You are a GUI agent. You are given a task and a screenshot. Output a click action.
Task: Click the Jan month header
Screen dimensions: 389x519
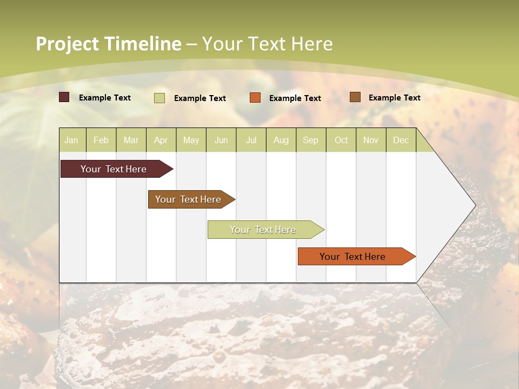[71, 140]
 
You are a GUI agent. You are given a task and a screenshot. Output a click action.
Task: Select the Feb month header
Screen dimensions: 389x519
[101, 140]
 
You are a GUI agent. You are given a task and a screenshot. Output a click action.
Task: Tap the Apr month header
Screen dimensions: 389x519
[161, 140]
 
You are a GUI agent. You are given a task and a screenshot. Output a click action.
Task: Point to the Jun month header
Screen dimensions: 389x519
[221, 140]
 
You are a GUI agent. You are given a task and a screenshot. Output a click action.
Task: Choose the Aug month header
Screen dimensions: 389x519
[281, 140]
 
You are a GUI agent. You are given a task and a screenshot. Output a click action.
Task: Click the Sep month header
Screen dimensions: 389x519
[310, 140]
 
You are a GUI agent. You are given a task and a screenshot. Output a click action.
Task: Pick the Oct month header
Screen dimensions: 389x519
[341, 140]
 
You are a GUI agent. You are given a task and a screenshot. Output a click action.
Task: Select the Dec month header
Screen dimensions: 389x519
[401, 140]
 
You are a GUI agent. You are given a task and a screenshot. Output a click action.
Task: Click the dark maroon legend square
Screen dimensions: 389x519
[64, 97]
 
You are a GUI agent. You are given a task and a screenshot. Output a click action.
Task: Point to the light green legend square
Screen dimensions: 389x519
[159, 98]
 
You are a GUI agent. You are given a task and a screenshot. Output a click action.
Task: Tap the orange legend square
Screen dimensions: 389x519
[255, 98]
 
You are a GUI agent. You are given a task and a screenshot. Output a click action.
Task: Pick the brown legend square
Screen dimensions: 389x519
[355, 97]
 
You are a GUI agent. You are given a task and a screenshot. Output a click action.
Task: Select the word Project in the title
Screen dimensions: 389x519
[68, 44]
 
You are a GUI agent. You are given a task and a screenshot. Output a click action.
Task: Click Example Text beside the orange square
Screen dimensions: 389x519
[295, 98]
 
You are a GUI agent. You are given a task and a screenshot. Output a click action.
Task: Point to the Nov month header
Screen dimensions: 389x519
[371, 140]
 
